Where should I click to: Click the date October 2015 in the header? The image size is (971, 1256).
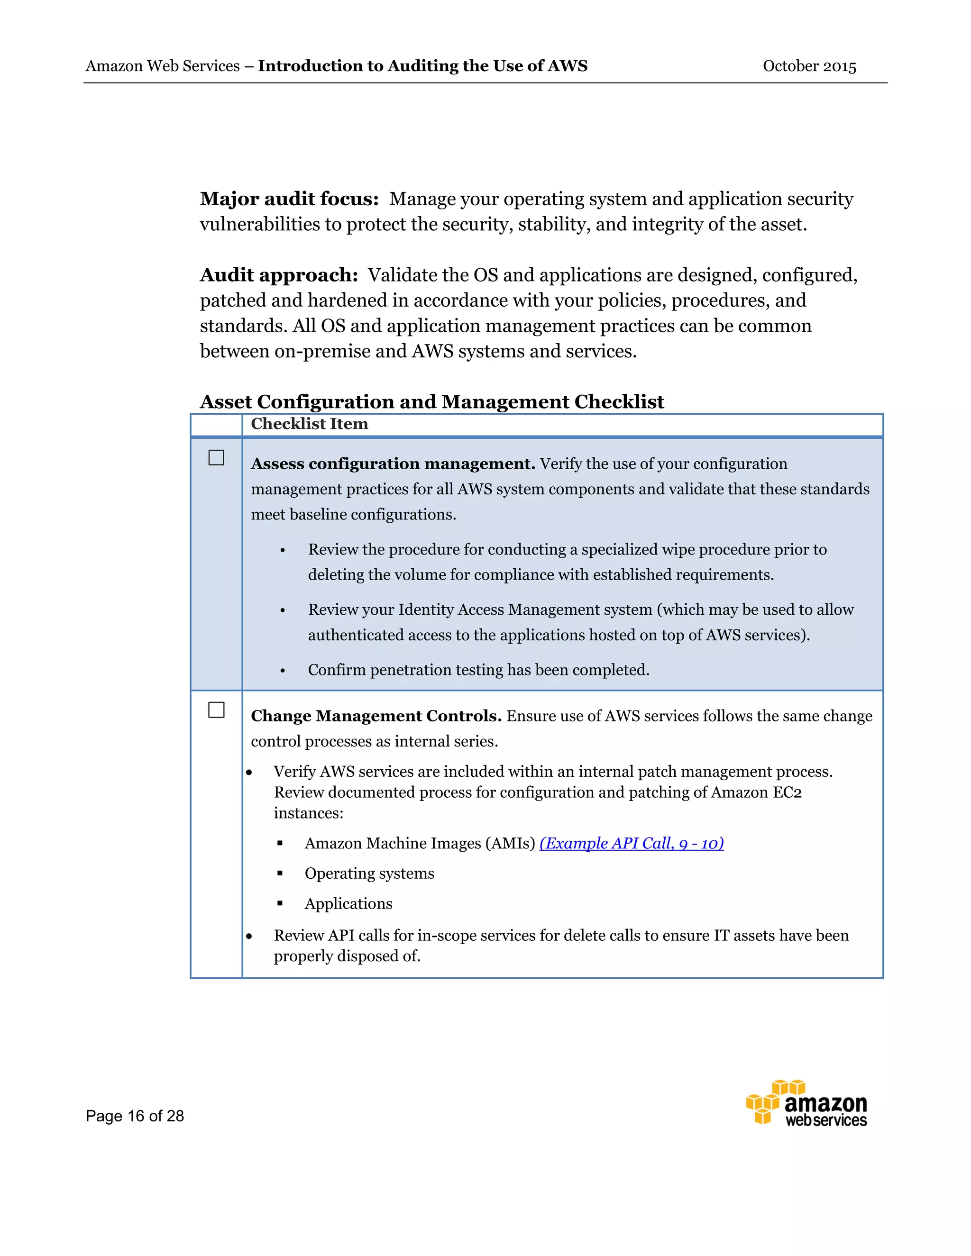(809, 66)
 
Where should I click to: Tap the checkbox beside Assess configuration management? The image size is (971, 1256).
(216, 458)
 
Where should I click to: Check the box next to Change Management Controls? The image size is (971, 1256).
(216, 710)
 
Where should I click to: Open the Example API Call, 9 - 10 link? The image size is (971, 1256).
(631, 843)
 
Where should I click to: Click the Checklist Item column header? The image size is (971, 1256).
(309, 424)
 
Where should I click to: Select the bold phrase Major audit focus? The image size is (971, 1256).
(289, 199)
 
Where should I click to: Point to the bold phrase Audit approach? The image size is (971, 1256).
(279, 275)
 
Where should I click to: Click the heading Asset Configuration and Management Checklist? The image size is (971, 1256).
(431, 401)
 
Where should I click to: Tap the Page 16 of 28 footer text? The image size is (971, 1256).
(135, 1116)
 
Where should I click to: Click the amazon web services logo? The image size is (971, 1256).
(806, 1103)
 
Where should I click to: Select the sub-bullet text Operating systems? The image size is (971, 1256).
(369, 873)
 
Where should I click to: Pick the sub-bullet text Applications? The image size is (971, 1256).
(348, 903)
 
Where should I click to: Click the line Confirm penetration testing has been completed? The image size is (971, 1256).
(478, 670)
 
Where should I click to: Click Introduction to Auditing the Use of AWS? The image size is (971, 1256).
(422, 66)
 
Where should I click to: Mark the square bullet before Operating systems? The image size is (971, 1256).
(280, 873)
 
